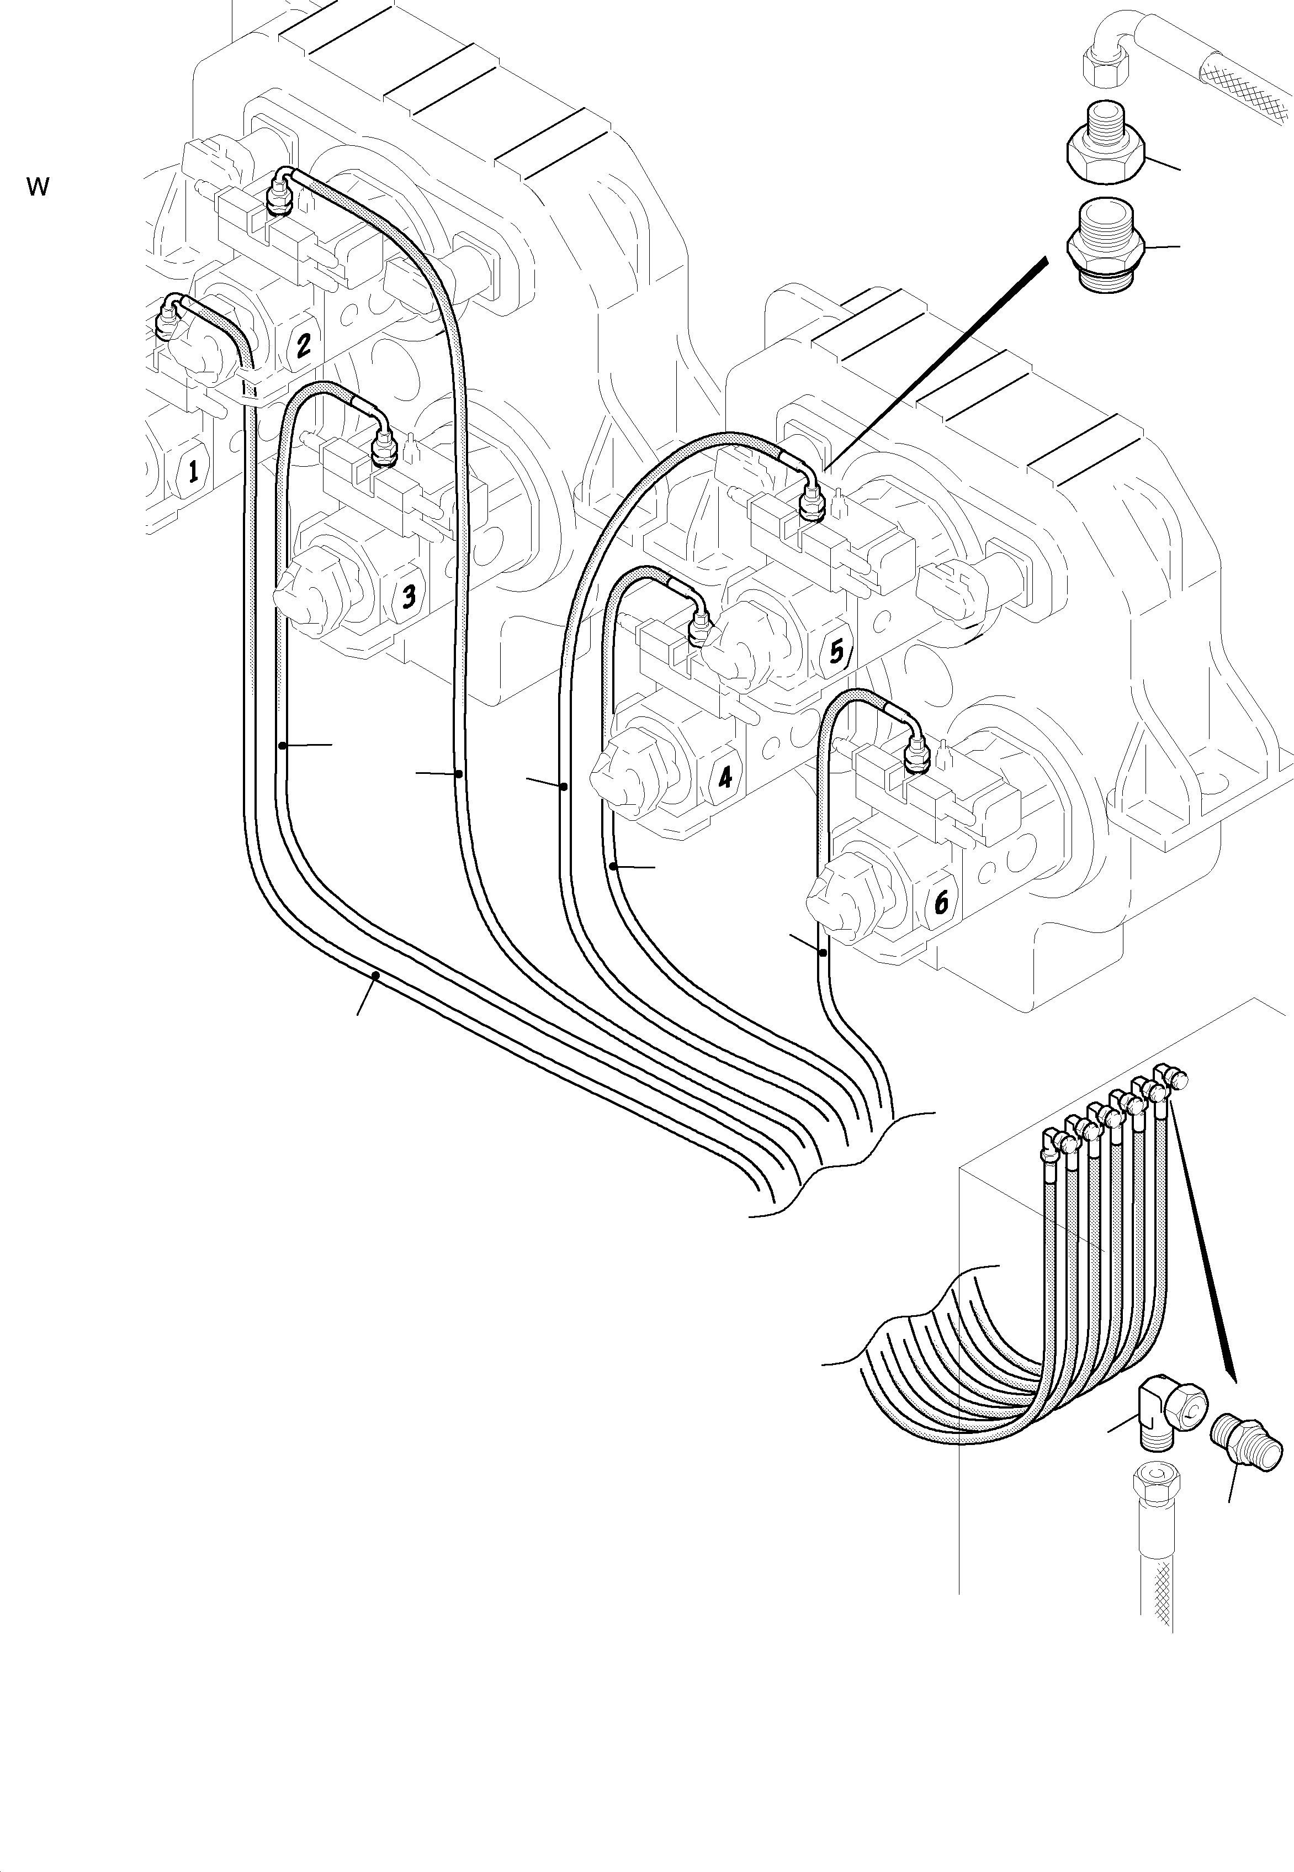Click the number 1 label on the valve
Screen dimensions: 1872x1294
tap(192, 471)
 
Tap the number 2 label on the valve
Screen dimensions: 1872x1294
tap(303, 346)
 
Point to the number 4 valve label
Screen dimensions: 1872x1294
tap(724, 778)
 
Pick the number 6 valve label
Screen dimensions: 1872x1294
tap(941, 902)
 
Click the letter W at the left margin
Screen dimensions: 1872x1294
tap(38, 187)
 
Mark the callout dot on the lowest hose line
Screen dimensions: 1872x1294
tap(375, 974)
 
